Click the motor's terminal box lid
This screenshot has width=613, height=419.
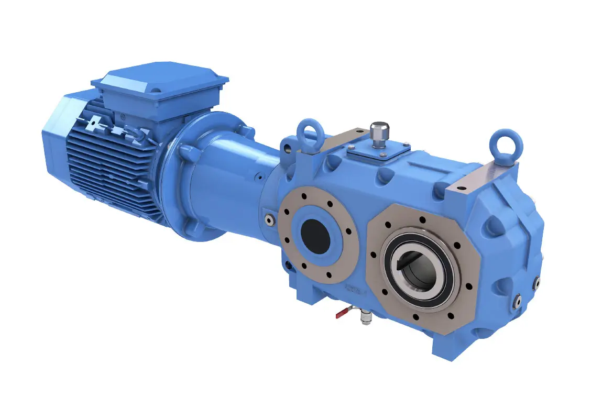157,79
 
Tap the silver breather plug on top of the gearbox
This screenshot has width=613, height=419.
379,134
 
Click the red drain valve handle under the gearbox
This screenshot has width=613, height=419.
341,314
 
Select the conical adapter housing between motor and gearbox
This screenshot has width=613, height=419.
231,178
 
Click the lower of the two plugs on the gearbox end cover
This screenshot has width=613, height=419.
517,301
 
